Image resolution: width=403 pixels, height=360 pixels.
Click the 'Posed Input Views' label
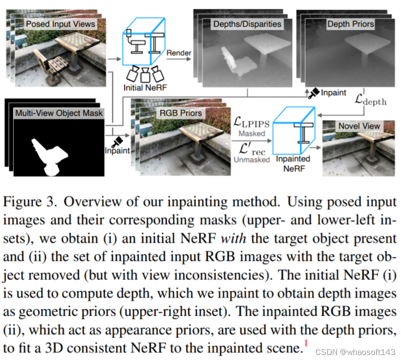tap(59, 24)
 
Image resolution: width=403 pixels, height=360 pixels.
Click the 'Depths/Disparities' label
tap(247, 24)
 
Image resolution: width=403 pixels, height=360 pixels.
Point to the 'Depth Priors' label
tap(350, 24)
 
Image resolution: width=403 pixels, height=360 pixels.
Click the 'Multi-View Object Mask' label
tap(59, 113)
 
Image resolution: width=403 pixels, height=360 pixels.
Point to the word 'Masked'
tap(252, 133)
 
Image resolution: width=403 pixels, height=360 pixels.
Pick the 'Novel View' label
tap(359, 126)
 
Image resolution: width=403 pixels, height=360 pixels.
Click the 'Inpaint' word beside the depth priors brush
tap(333, 93)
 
